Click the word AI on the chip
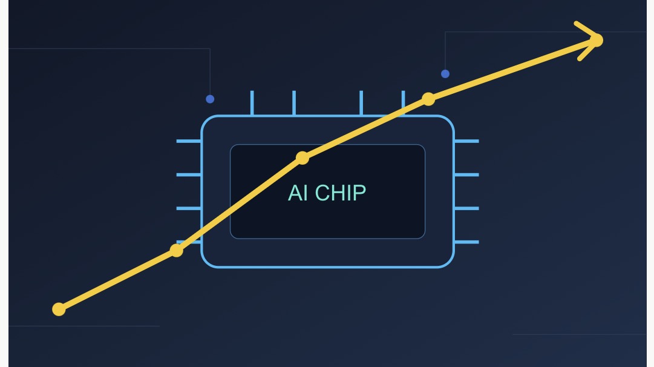[298, 193]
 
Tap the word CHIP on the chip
[341, 193]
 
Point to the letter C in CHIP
[322, 193]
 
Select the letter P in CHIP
[360, 193]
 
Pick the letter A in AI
[295, 193]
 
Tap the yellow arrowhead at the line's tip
[589, 41]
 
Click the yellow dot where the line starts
[59, 309]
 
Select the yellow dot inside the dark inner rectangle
[302, 158]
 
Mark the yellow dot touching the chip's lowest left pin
[177, 251]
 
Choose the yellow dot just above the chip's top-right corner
[428, 99]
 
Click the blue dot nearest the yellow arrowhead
[445, 74]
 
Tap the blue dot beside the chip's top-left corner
[210, 99]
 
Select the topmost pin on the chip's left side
[189, 141]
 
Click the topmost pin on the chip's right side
[466, 141]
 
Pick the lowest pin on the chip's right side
[466, 242]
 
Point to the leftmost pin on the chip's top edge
[252, 103]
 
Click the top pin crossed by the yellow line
[404, 103]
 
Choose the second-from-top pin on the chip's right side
[466, 175]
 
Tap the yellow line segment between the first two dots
[117, 280]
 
